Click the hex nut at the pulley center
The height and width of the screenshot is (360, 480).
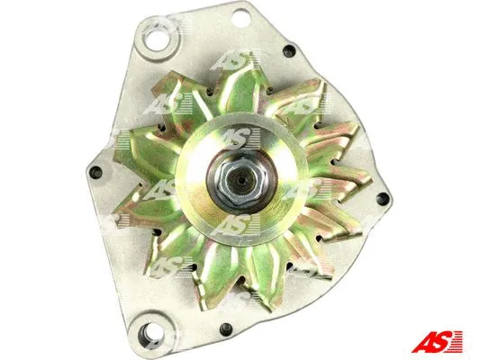tap(240, 179)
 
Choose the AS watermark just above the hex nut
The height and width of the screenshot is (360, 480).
tap(236, 137)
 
